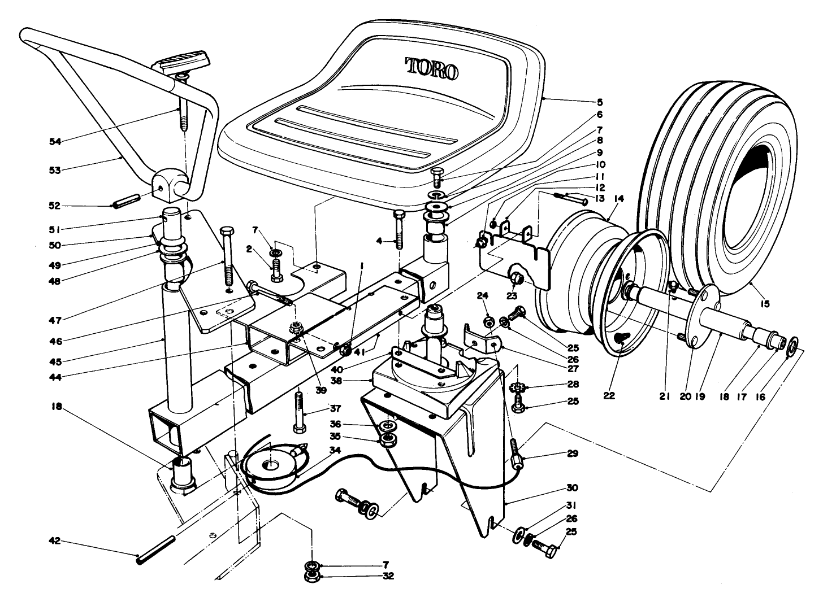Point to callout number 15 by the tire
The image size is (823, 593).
(765, 304)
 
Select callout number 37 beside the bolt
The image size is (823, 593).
(336, 409)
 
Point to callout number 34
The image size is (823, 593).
(336, 450)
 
